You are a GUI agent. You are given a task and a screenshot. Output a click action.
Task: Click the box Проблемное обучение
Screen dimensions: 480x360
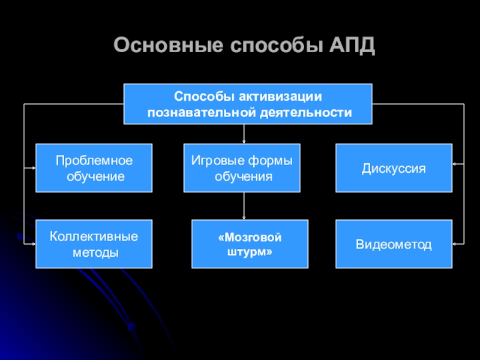pos(94,168)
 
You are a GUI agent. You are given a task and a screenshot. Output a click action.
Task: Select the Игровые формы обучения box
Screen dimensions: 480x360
pos(242,168)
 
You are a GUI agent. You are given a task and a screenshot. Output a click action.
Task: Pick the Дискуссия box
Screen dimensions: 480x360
pos(393,168)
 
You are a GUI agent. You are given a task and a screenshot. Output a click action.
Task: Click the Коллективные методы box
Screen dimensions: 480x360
pos(94,244)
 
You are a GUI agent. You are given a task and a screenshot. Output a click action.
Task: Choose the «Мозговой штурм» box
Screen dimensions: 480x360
pos(250,244)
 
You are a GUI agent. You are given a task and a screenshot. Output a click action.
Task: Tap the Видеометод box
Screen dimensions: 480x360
pos(393,244)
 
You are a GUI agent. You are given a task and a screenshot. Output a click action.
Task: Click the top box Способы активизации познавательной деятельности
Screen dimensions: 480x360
pos(248,104)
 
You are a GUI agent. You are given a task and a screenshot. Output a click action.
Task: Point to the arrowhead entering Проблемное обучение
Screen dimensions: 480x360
pos(32,168)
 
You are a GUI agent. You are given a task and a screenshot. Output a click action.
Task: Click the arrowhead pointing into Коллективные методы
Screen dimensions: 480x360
pos(32,244)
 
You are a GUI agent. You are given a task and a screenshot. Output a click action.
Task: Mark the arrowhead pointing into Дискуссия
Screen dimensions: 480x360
pos(456,164)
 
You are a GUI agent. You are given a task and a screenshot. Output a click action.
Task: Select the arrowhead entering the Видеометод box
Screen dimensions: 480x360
pos(456,244)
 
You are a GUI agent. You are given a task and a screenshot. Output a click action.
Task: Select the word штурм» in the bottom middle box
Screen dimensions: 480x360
pos(250,251)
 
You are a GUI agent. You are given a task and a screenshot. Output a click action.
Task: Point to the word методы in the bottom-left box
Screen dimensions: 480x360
pos(94,252)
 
